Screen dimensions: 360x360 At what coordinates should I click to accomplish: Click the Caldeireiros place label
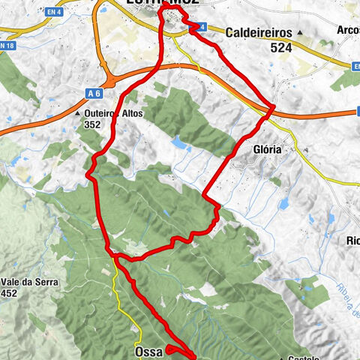(x=259, y=33)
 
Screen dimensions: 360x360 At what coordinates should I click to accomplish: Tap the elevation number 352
(x=93, y=125)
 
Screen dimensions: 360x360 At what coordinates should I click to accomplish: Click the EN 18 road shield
(x=7, y=46)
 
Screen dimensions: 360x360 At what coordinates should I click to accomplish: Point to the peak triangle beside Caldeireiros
(x=300, y=33)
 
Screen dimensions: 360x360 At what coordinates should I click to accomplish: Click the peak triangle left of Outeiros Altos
(x=79, y=114)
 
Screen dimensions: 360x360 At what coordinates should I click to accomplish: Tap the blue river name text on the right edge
(x=351, y=300)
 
